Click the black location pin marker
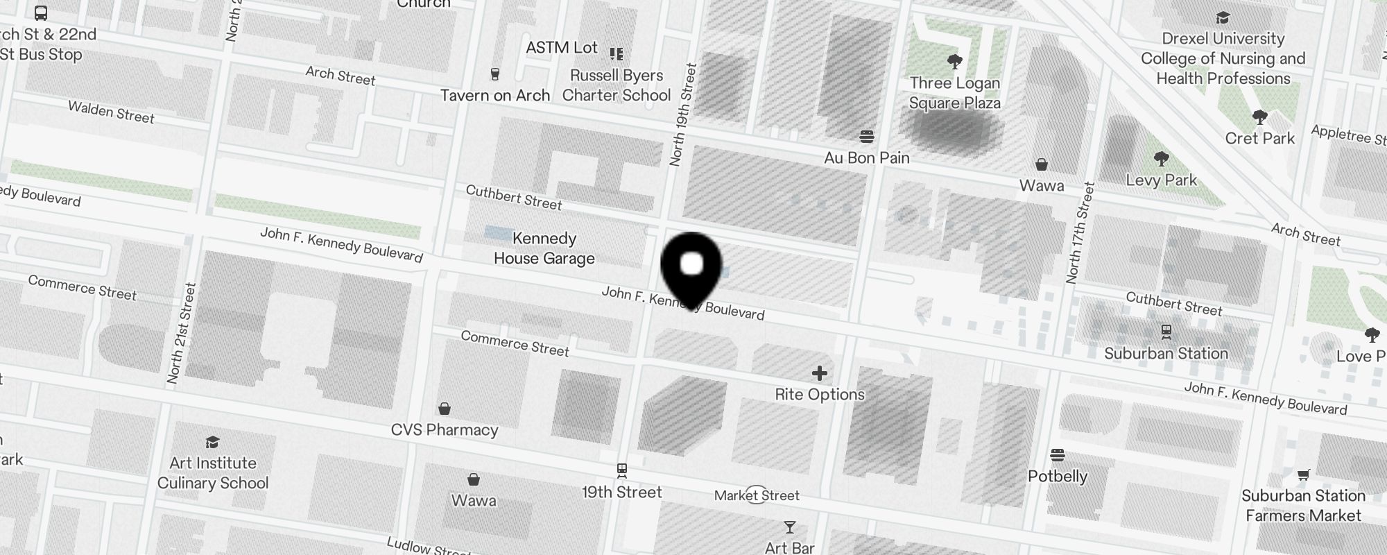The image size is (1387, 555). tap(691, 268)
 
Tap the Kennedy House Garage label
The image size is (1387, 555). tap(544, 248)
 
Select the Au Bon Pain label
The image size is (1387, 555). tap(867, 157)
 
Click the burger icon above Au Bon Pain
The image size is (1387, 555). tap(867, 135)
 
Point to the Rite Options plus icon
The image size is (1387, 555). tap(820, 374)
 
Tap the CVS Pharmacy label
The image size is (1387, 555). tap(445, 429)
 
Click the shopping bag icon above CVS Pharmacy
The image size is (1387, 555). tap(445, 408)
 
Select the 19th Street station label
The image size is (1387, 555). tap(622, 492)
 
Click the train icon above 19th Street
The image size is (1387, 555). tap(622, 470)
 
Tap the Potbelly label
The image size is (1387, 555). tap(1058, 476)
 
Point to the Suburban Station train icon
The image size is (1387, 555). tap(1166, 332)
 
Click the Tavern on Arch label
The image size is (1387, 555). tap(495, 95)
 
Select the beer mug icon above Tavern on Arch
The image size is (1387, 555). tap(495, 74)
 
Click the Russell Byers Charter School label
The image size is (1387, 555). tap(617, 85)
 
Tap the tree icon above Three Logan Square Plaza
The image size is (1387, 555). tap(955, 62)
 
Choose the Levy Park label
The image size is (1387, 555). tap(1162, 180)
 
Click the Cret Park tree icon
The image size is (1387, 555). tap(1260, 117)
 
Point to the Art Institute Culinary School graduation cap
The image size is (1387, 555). tap(213, 442)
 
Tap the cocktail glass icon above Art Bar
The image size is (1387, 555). tap(789, 527)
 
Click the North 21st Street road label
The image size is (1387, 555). tap(179, 333)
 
